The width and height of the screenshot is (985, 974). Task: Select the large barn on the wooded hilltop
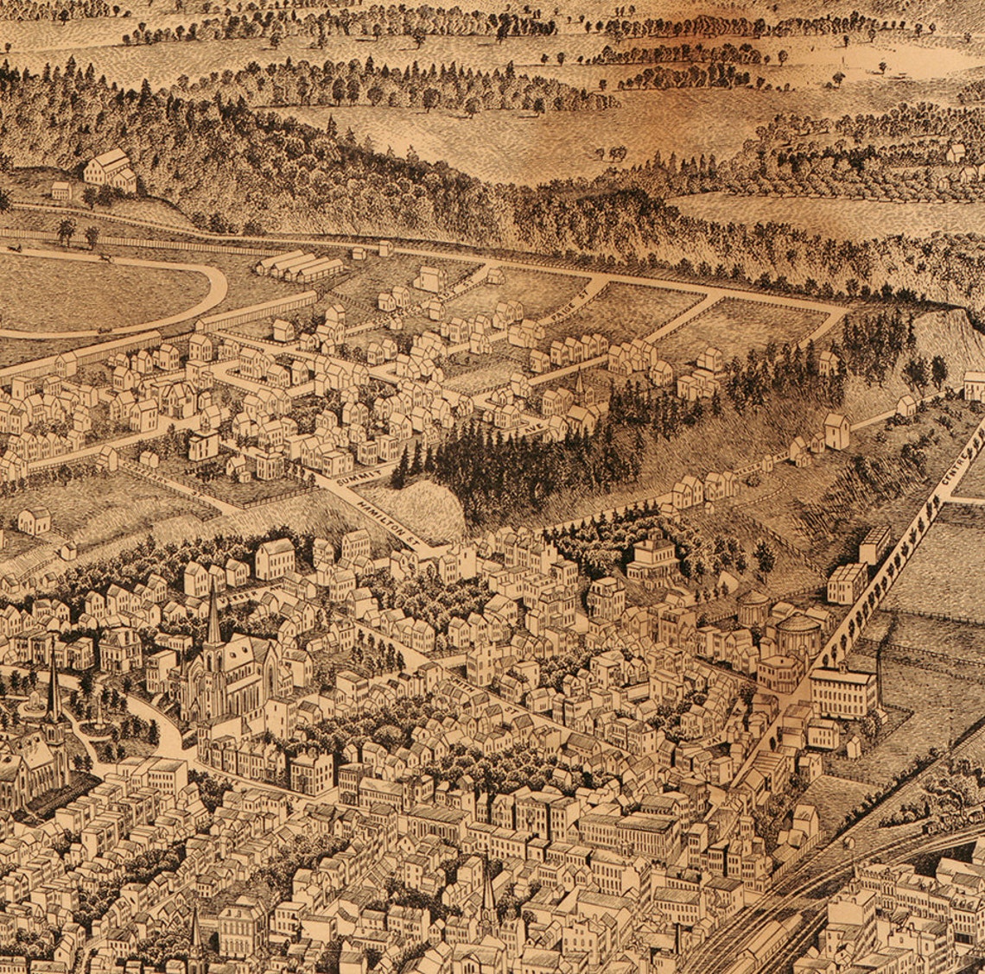click(x=111, y=168)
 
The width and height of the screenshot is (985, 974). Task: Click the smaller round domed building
click(x=753, y=607)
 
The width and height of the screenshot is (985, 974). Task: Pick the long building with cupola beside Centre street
click(x=842, y=691)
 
